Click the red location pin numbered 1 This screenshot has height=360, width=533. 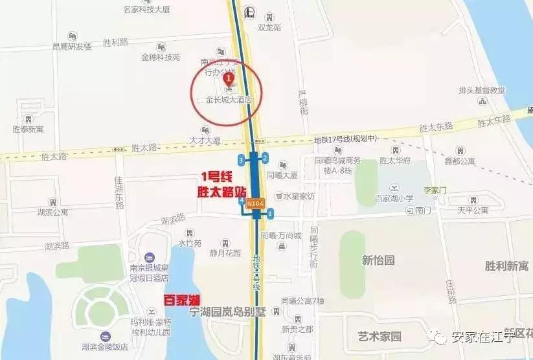tap(228, 79)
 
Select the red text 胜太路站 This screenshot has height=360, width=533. tap(222, 192)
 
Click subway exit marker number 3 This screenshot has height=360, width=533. tap(241, 159)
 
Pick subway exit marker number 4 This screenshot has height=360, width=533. tap(242, 201)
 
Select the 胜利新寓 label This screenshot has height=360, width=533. tap(506, 266)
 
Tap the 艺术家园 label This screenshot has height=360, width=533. tap(380, 336)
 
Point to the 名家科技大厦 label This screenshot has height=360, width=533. tap(146, 10)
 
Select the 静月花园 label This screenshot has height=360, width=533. tap(225, 253)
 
